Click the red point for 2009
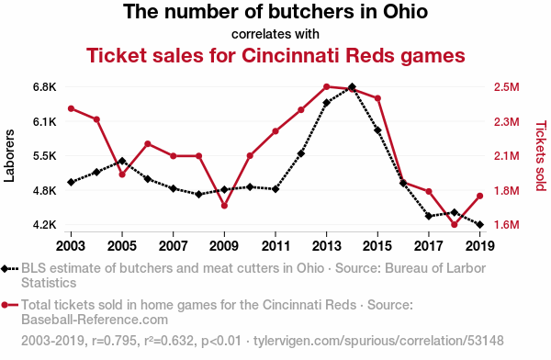point(224,206)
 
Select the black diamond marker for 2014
point(352,87)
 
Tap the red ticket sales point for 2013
point(326,87)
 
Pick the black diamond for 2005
point(122,161)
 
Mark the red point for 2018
point(455,224)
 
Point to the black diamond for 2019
point(480,224)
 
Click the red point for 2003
point(71,108)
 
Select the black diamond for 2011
point(275,189)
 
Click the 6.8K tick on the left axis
point(45,87)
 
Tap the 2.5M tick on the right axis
point(506,87)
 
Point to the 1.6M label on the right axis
point(506,224)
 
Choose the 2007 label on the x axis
point(173,246)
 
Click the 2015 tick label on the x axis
point(377,246)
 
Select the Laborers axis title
point(9,156)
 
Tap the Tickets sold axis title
point(541,156)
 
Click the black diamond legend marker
point(5,269)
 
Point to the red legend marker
point(5,305)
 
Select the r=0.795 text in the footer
point(114,341)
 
